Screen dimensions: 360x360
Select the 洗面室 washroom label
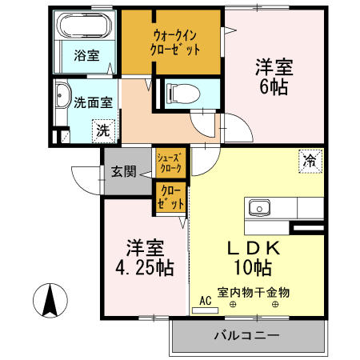[94, 102]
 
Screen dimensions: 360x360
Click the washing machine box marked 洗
[103, 129]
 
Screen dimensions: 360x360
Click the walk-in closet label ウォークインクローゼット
[170, 42]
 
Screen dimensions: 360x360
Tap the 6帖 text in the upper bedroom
[274, 86]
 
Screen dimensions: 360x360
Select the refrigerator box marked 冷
[309, 159]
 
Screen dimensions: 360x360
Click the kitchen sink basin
[259, 208]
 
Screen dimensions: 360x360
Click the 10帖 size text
[254, 269]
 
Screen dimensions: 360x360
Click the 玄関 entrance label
[123, 171]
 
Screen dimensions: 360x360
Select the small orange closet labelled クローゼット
[170, 198]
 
